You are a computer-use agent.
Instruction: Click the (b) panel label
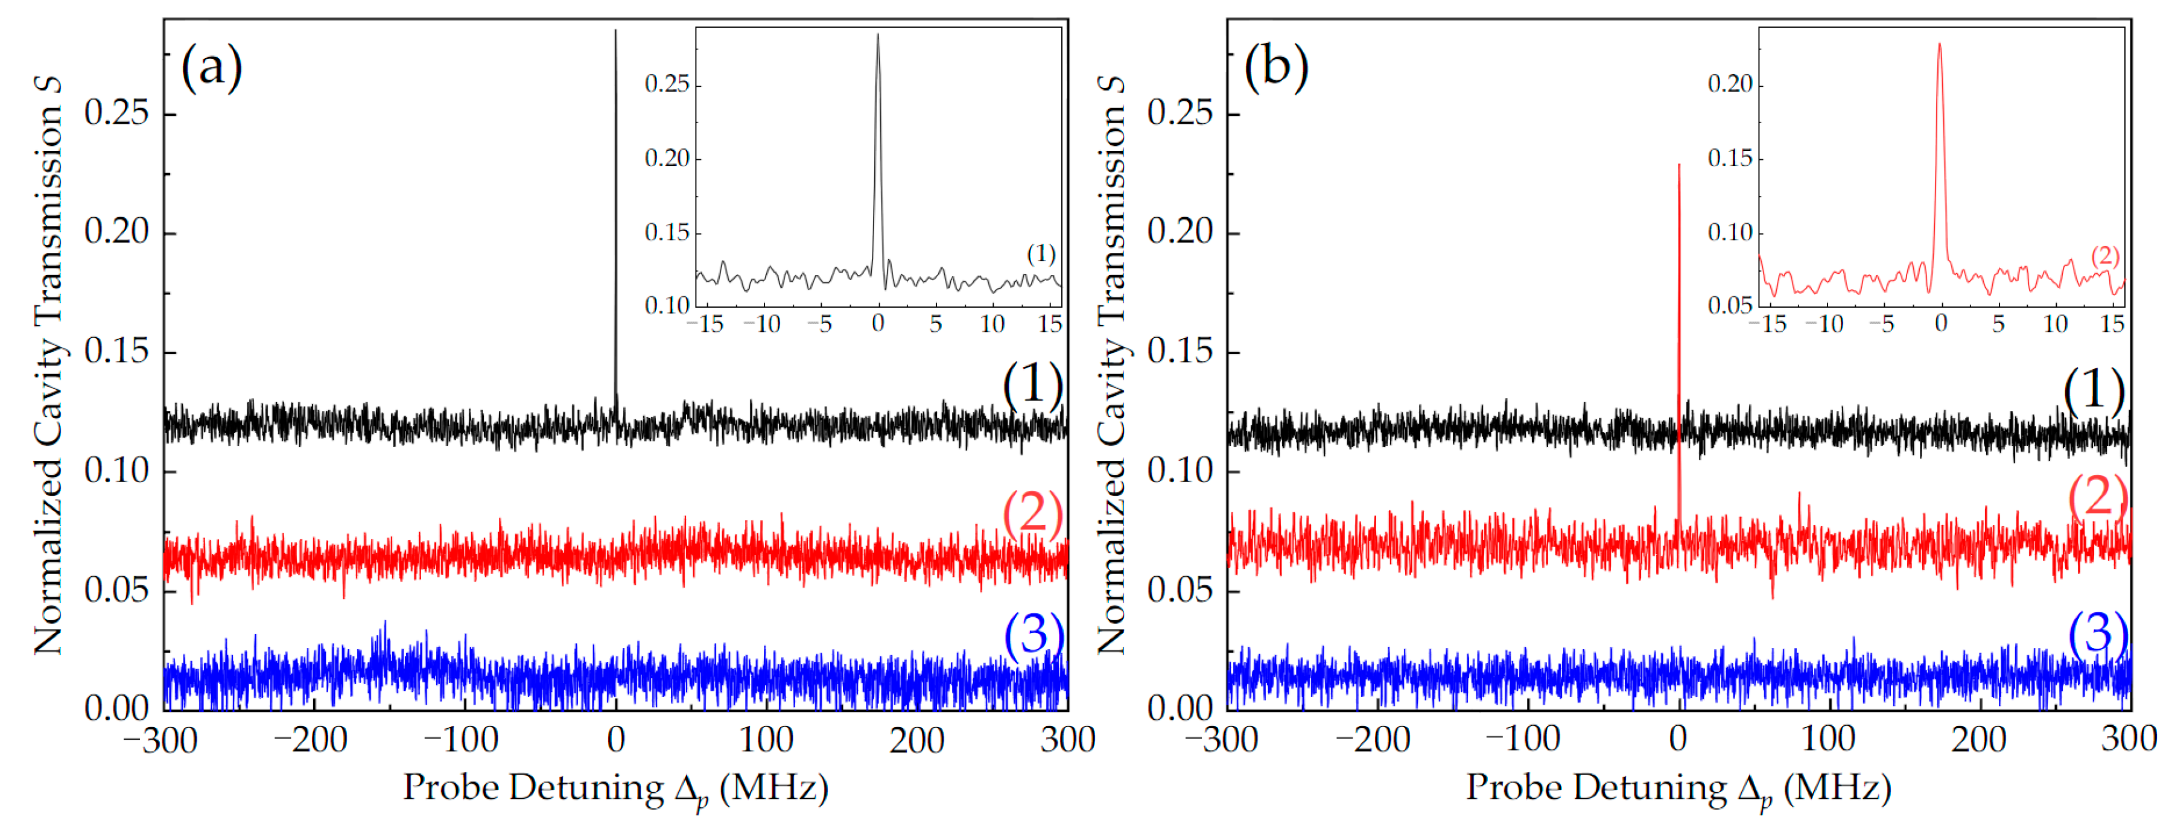(1275, 68)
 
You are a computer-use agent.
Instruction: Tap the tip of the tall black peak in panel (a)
(615, 32)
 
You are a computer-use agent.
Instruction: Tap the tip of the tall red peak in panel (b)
(1678, 165)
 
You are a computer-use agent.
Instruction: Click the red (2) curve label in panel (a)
(1032, 512)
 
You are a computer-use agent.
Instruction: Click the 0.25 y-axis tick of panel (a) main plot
(116, 113)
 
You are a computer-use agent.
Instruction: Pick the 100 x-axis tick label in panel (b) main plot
(1828, 739)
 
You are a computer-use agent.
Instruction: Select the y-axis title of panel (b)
(1111, 364)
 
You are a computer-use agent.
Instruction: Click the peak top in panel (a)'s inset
(878, 36)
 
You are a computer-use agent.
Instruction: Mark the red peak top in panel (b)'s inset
(1939, 44)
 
